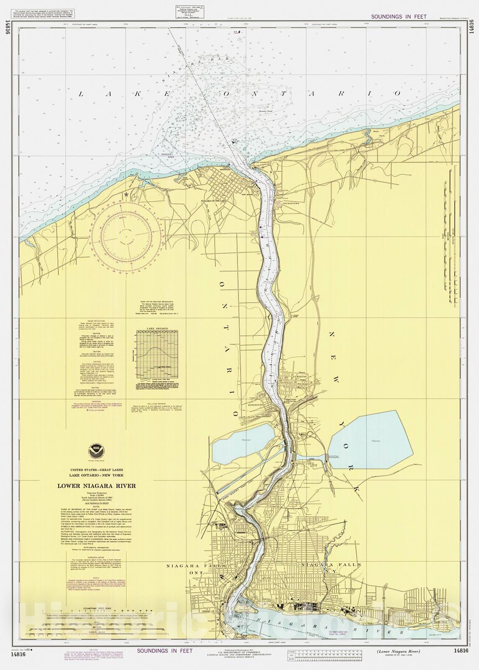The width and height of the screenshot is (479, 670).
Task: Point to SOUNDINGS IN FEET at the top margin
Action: (x=399, y=17)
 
